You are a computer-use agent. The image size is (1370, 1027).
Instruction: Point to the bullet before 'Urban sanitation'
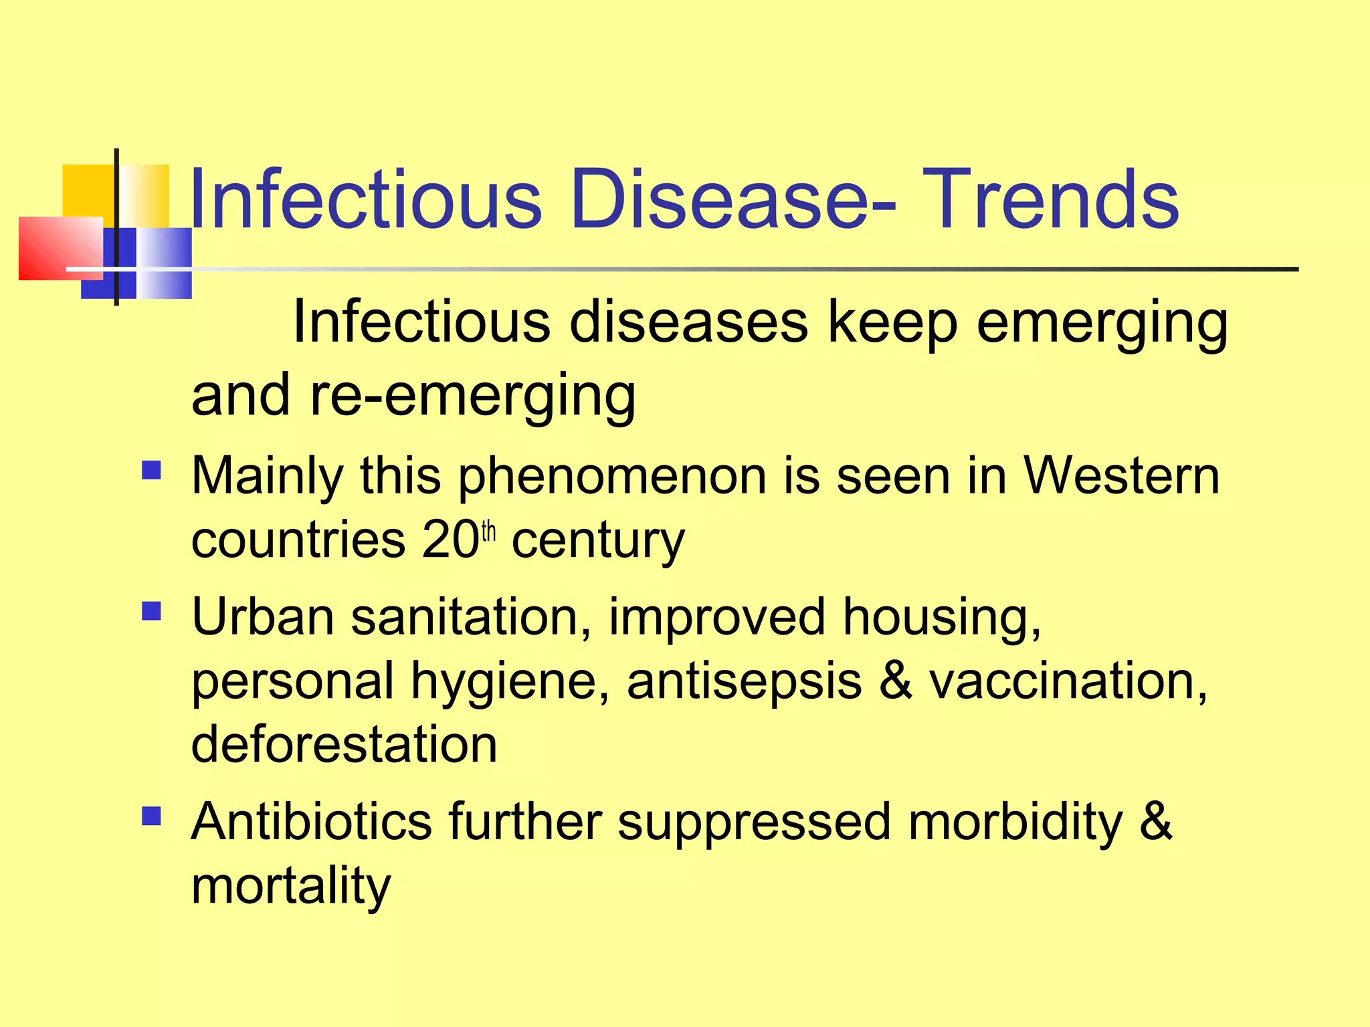tap(152, 611)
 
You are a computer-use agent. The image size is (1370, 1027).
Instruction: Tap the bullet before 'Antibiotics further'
tap(152, 816)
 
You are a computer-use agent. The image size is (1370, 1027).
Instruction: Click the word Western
tap(1122, 476)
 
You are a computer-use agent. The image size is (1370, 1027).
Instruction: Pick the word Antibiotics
tap(312, 821)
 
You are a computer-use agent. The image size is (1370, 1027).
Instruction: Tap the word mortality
tap(291, 886)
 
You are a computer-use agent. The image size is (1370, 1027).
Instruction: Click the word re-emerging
tap(473, 396)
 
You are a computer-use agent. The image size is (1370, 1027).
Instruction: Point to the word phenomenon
tap(611, 476)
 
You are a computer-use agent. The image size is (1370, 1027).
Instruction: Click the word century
tap(598, 540)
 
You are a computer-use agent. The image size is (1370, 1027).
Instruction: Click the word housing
tap(941, 617)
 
